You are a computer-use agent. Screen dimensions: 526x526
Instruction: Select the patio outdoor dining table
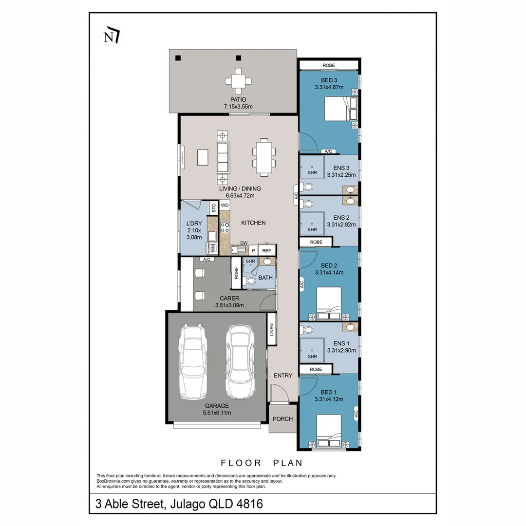tap(238, 81)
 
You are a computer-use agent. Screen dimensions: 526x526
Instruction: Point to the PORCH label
tap(282, 419)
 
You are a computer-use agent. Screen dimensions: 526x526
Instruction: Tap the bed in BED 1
tap(329, 431)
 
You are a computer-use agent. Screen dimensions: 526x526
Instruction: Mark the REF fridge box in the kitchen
tap(266, 250)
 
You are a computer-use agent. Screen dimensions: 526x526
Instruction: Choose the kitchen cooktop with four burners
tap(225, 226)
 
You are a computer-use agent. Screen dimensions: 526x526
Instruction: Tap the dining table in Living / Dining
tap(264, 157)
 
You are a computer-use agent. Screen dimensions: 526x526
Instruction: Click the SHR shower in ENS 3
tap(312, 167)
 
